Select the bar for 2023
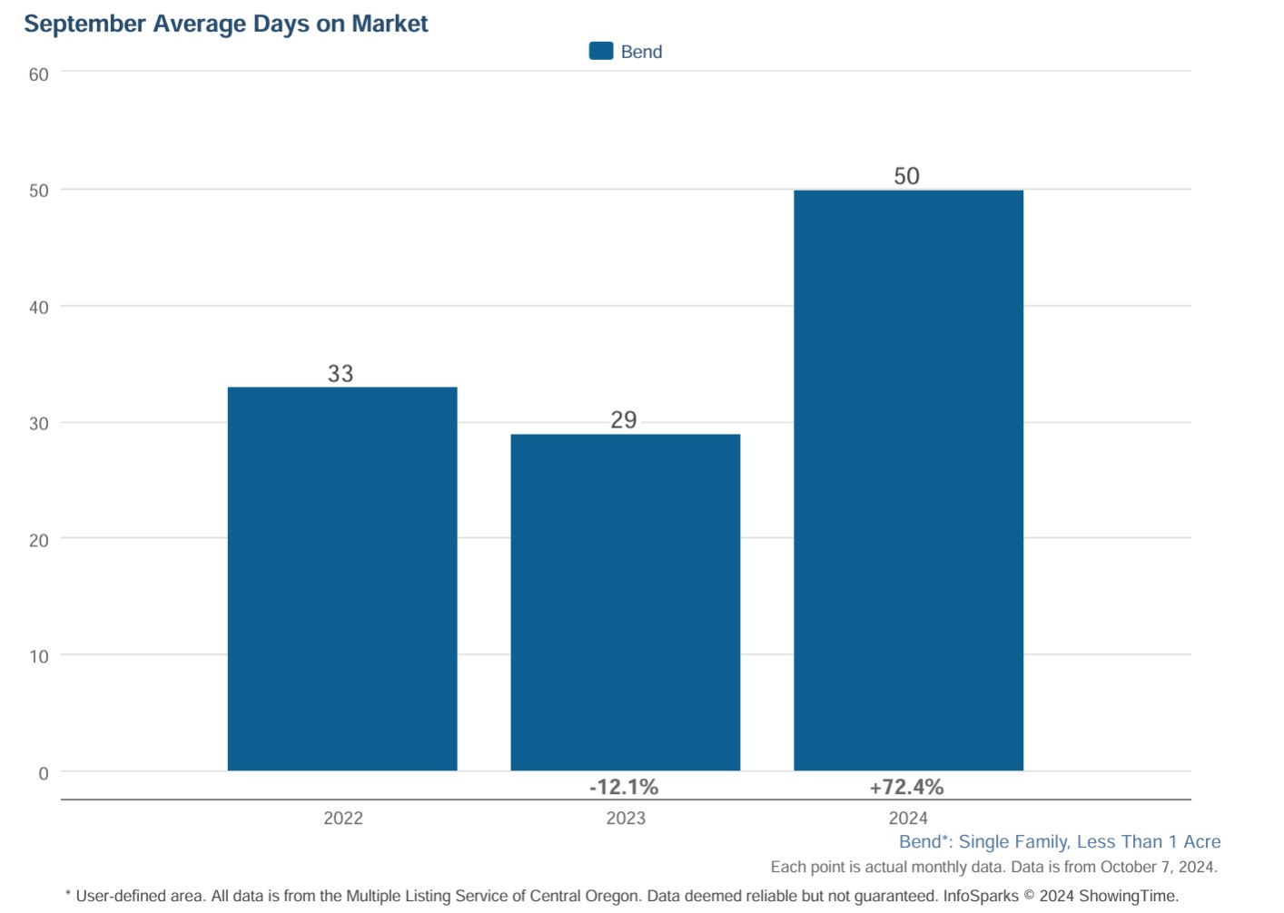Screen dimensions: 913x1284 coord(625,603)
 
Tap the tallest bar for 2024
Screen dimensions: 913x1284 coord(908,480)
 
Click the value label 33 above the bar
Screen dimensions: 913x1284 coord(341,374)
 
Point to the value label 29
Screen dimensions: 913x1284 coord(624,420)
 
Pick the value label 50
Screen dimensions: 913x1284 coord(906,176)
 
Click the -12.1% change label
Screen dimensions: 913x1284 coord(624,787)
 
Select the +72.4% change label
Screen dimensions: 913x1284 coord(906,787)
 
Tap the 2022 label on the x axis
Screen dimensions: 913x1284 coord(343,818)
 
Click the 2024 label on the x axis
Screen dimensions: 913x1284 coord(908,818)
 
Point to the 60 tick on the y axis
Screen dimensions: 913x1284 coord(39,74)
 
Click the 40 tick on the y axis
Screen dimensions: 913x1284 coord(39,308)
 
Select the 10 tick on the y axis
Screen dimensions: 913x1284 coord(39,656)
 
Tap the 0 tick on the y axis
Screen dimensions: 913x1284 coord(44,773)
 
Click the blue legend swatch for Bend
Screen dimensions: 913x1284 coord(601,52)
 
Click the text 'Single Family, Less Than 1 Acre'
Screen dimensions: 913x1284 coord(1090,842)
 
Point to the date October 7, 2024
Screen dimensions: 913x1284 coord(1157,868)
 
